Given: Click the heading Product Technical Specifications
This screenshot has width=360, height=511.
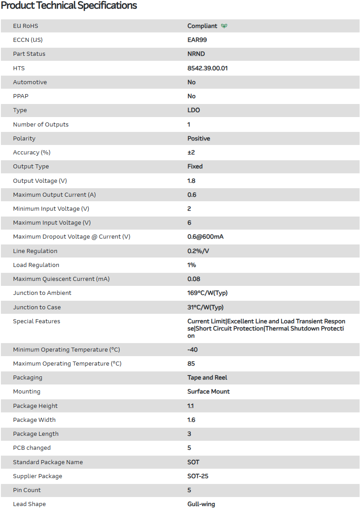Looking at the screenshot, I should coord(69,6).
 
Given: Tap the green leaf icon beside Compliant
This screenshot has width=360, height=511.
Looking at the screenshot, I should coord(224,26).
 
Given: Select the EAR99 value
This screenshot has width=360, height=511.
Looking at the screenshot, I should coord(197,40).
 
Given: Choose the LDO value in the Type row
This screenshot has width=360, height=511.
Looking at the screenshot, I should coord(193,110).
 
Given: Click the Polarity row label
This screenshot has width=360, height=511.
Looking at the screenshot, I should coord(24,139).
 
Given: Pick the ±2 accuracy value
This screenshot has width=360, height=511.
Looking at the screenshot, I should coord(191,153).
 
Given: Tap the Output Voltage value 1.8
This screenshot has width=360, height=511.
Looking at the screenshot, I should coord(191,181).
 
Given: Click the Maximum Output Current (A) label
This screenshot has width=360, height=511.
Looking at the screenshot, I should coord(54,195).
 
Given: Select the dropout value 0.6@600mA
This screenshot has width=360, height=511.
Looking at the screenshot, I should coord(205,237).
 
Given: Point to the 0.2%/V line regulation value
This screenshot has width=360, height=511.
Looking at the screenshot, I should coord(198,251).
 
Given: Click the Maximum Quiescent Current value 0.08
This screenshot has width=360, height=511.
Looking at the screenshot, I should coord(194,279).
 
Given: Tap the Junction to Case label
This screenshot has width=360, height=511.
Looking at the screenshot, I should coord(37,308).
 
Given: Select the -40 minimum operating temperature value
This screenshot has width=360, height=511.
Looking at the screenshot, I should coord(193,350).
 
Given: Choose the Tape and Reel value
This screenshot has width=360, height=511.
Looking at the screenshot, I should coord(207,378).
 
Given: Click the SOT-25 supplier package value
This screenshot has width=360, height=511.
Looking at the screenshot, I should coord(198,476).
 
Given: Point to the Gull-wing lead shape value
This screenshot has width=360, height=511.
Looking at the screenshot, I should coord(201,504).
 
